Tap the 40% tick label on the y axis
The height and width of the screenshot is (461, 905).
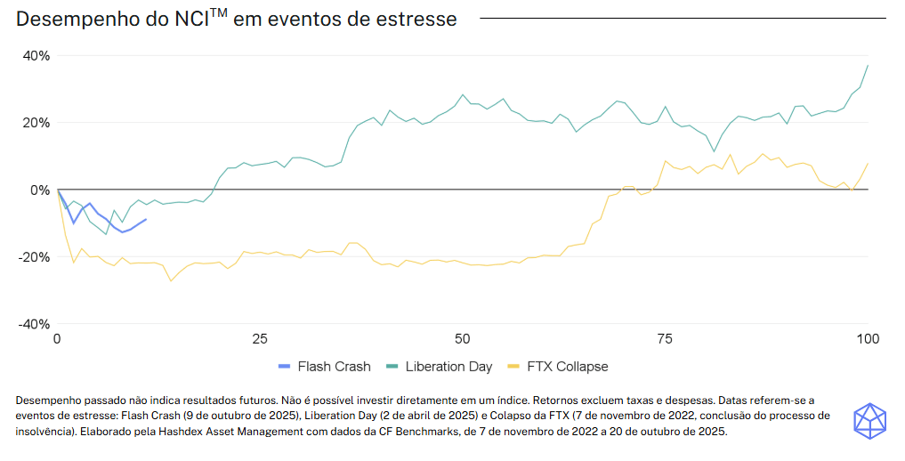[36, 55]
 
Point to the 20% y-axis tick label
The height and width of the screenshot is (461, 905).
[36, 123]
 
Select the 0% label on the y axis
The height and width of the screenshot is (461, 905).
[41, 190]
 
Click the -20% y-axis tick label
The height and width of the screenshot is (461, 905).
[35, 257]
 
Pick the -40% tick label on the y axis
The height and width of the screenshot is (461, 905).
[35, 325]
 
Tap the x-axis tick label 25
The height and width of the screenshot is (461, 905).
[260, 339]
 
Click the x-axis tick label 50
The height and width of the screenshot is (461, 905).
[463, 339]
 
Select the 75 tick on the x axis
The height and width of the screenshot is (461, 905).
[665, 339]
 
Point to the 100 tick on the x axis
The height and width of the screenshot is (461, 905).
[868, 339]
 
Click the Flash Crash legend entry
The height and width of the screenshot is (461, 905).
[324, 366]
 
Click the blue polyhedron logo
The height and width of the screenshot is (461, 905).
[869, 420]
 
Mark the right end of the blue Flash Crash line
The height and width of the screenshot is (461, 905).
[146, 219]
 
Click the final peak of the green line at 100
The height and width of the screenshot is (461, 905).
[868, 65]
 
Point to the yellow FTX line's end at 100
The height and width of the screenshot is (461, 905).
[868, 163]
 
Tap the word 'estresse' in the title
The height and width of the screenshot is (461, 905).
[418, 19]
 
